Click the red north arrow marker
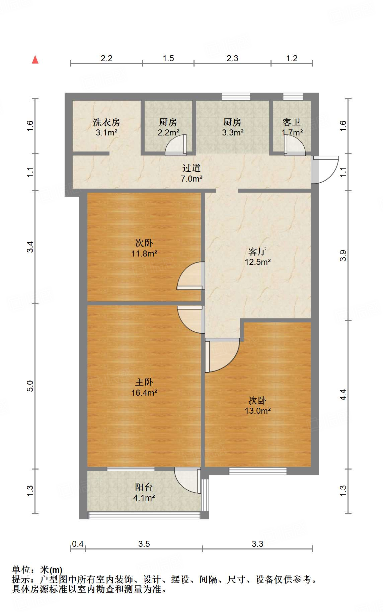click(x=35, y=60)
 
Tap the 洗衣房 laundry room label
click(x=106, y=122)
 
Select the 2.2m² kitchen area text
click(x=168, y=133)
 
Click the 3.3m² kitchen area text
click(x=232, y=133)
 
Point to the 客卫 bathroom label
click(x=292, y=122)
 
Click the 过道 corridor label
click(x=191, y=168)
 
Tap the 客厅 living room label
click(x=257, y=251)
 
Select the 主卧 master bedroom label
click(x=144, y=382)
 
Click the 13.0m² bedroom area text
click(x=257, y=411)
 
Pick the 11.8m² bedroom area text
click(x=144, y=253)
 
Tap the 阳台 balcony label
click(x=144, y=487)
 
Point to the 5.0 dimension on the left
click(x=30, y=386)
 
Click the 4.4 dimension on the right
click(x=343, y=395)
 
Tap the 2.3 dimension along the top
click(x=232, y=58)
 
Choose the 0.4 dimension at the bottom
click(x=78, y=544)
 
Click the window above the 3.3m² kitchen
click(x=236, y=96)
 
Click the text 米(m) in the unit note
click(x=51, y=570)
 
